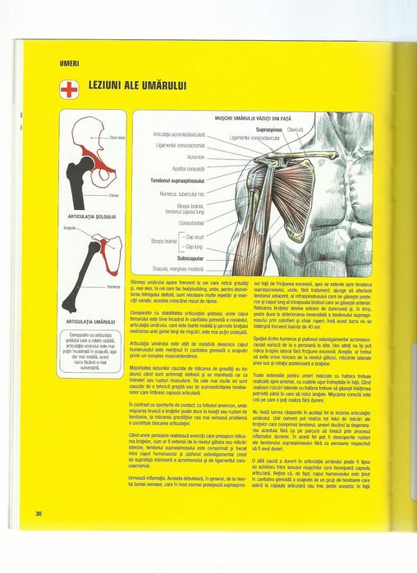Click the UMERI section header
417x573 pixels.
68,63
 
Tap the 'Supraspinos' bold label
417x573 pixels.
268,130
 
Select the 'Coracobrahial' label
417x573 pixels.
191,222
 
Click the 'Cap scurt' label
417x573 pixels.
195,236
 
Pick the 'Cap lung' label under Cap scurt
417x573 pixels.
194,246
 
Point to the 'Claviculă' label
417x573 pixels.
296,130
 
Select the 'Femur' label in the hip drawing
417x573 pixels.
114,196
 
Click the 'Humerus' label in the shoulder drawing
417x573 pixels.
113,287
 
